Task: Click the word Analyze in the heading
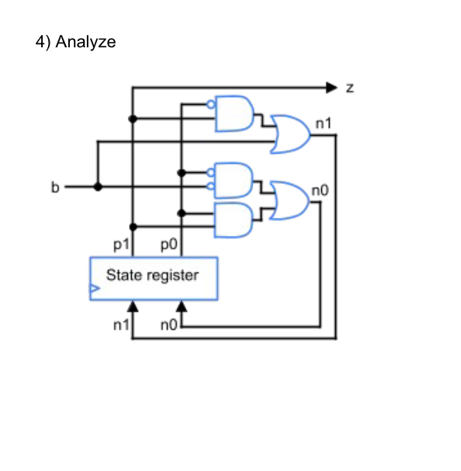[85, 42]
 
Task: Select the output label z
[349, 88]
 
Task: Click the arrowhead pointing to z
[332, 88]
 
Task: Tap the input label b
[54, 187]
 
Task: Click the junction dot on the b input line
[98, 187]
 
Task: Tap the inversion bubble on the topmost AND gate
[210, 104]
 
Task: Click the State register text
[152, 275]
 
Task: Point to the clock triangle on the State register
[94, 291]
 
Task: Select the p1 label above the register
[120, 246]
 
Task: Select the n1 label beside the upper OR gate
[324, 123]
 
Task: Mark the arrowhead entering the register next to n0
[181, 306]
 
